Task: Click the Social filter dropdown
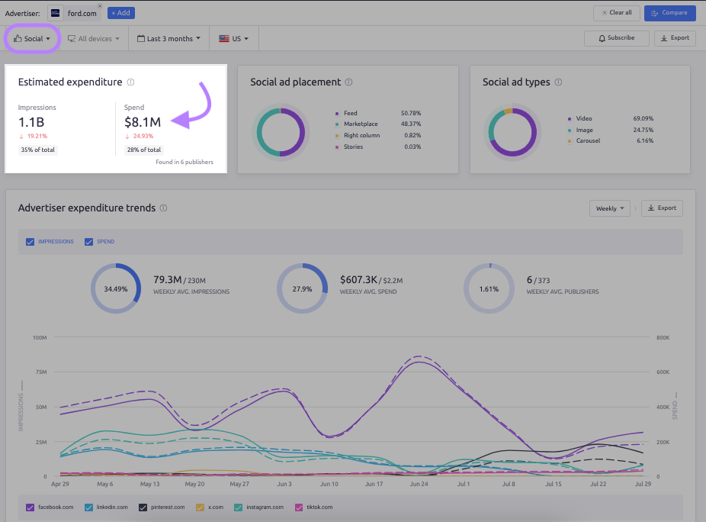pyautogui.click(x=33, y=38)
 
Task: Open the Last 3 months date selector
pyautogui.click(x=168, y=38)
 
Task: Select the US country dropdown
pyautogui.click(x=233, y=38)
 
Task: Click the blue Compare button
pyautogui.click(x=669, y=13)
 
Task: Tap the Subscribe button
pyautogui.click(x=616, y=38)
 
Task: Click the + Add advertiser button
pyautogui.click(x=120, y=13)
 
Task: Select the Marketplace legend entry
pyautogui.click(x=360, y=124)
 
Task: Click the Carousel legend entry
pyautogui.click(x=588, y=141)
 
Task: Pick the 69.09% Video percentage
pyautogui.click(x=643, y=119)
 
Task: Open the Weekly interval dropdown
pyautogui.click(x=611, y=208)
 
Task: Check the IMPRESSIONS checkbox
pyautogui.click(x=30, y=242)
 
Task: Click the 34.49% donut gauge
pyautogui.click(x=116, y=289)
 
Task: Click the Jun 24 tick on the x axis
pyautogui.click(x=419, y=485)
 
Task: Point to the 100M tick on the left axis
pyautogui.click(x=40, y=337)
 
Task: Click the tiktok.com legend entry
pyautogui.click(x=308, y=507)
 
